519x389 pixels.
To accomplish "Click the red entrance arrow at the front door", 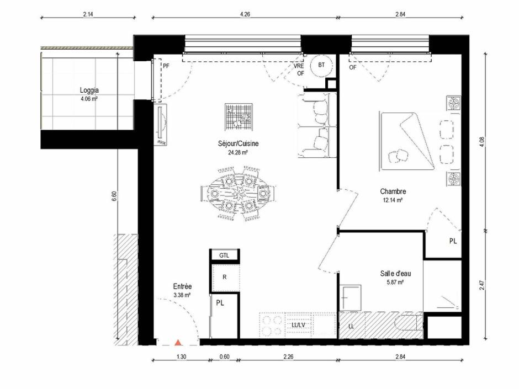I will click(178, 343).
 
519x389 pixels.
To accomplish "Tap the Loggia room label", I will click(89, 90).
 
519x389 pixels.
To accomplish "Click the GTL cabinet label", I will click(224, 255).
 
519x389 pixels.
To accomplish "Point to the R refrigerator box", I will click(224, 277).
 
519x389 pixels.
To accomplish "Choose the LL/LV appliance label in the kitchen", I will click(298, 326).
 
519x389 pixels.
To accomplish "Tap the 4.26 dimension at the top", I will click(245, 15).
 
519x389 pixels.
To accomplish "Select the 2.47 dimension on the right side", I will click(481, 285).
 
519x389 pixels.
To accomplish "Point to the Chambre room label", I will click(393, 191).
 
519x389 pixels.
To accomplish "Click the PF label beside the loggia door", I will click(166, 66).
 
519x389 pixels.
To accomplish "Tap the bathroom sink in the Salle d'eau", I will click(351, 297).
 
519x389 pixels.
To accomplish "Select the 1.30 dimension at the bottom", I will click(182, 357).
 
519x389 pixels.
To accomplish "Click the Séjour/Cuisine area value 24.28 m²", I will click(238, 153).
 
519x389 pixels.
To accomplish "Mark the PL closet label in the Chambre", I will click(453, 241).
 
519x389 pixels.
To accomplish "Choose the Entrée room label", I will click(182, 286).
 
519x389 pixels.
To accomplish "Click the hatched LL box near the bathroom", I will click(351, 326).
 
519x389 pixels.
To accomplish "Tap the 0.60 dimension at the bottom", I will click(224, 357).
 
